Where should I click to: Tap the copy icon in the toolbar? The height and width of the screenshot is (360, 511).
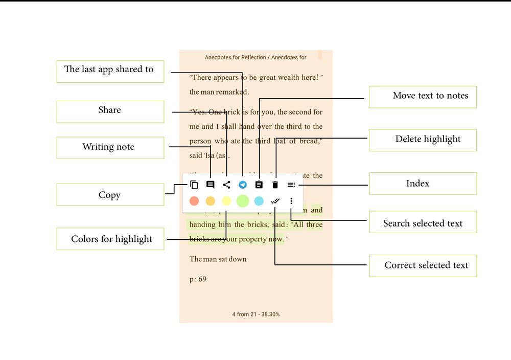click(194, 185)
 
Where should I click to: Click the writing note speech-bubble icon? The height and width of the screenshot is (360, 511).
click(210, 185)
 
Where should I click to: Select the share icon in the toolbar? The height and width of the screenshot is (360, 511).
click(226, 185)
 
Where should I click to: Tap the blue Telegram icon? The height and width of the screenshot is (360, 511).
click(243, 185)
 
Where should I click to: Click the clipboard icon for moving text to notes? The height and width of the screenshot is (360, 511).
click(259, 185)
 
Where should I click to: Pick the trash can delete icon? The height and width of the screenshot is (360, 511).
click(275, 185)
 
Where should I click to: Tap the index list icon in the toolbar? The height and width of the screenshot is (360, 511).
click(291, 185)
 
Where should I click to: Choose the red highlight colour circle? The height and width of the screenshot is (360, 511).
click(194, 201)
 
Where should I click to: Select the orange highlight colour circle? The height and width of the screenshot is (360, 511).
click(210, 201)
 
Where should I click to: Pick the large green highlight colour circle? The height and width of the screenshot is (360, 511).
click(243, 201)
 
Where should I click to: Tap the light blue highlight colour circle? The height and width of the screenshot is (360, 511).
click(259, 201)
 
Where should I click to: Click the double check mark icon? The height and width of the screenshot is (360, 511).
click(275, 201)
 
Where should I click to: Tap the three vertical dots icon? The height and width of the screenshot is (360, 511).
click(291, 201)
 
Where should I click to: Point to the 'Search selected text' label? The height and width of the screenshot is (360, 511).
click(423, 223)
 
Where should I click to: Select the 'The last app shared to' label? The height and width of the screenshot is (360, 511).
click(110, 70)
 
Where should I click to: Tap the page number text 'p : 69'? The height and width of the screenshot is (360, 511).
click(198, 279)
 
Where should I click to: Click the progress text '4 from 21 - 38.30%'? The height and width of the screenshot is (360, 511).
click(255, 314)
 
